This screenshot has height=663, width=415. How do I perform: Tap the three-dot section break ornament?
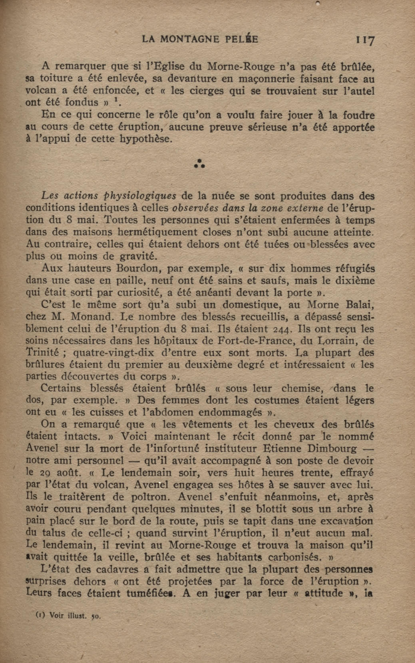[x=200, y=164]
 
